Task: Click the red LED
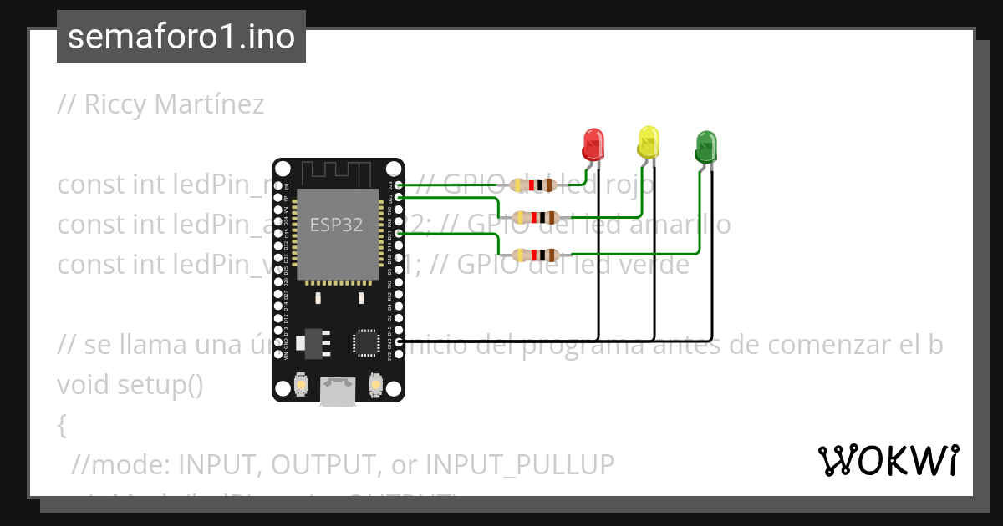click(593, 144)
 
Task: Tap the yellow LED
click(649, 143)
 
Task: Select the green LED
click(705, 147)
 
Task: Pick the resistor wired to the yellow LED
click(535, 218)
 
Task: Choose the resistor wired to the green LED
click(535, 255)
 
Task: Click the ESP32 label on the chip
click(337, 225)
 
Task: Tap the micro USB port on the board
click(337, 392)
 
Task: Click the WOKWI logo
click(888, 460)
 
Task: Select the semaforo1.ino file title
click(181, 37)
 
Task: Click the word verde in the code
click(651, 265)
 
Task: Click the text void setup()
click(130, 385)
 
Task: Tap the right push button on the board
click(374, 385)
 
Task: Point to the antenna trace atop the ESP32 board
click(337, 172)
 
